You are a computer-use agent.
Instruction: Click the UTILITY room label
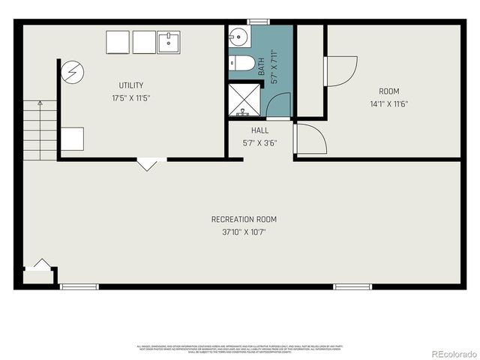(x=130, y=85)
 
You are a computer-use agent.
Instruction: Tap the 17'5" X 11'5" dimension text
(x=130, y=97)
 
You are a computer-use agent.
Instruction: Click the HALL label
(x=260, y=130)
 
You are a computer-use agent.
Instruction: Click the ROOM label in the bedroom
(x=389, y=91)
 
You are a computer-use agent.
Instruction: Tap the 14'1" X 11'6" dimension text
(x=389, y=103)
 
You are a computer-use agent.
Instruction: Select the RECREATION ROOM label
(x=244, y=219)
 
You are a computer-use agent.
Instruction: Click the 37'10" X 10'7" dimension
(x=244, y=232)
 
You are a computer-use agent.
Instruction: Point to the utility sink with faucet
(x=168, y=41)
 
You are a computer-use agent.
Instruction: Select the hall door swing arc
(x=308, y=139)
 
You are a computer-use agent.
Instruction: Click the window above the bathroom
(x=259, y=22)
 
